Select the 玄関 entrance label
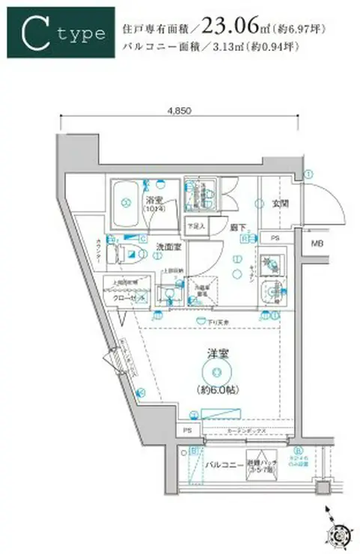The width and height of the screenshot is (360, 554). coord(278,202)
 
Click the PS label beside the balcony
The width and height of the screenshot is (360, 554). coord(187,431)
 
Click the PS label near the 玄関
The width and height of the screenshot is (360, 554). coord(275,240)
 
